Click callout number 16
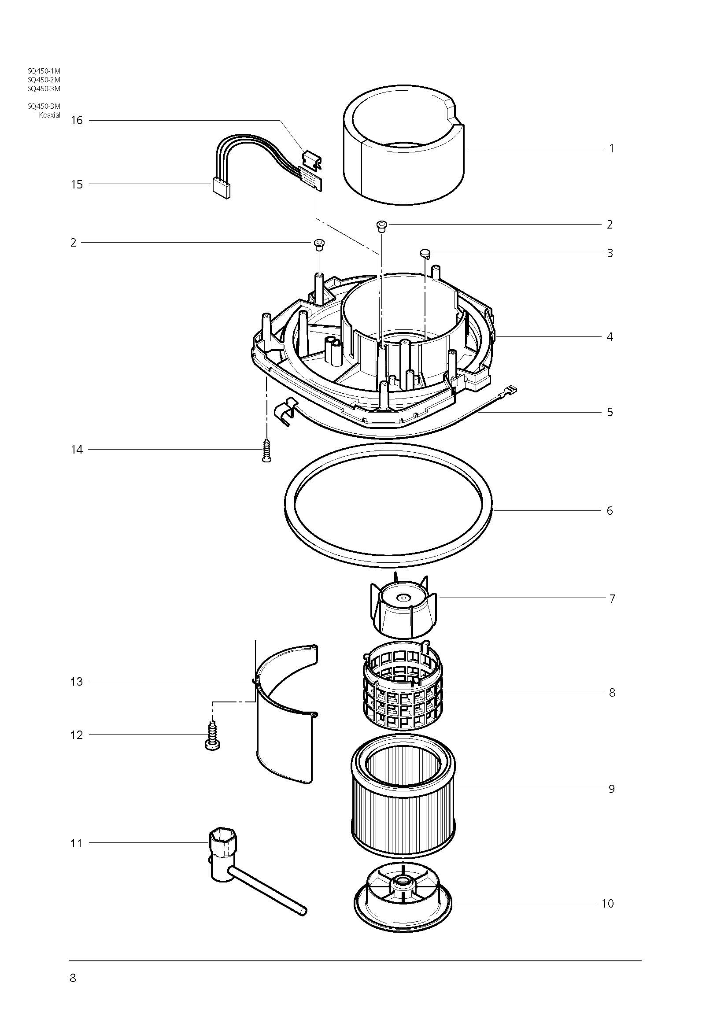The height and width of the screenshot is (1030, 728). [x=77, y=120]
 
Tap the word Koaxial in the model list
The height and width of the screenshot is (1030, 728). [x=49, y=115]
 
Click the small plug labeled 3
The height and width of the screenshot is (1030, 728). [x=425, y=255]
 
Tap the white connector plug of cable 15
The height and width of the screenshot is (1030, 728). [x=221, y=188]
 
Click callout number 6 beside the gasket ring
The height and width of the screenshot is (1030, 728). [x=610, y=510]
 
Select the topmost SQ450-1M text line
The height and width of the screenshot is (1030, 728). [x=44, y=71]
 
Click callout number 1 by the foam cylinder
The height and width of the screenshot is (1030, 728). [x=611, y=148]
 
